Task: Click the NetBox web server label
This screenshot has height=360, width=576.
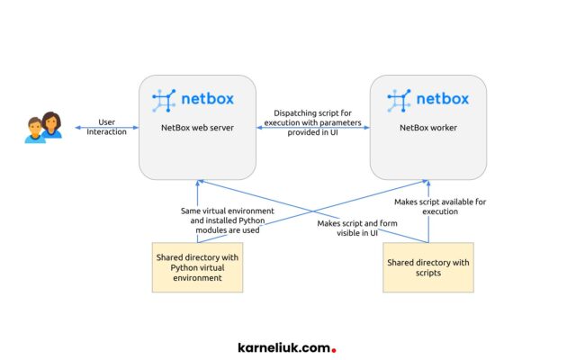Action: pos(197,128)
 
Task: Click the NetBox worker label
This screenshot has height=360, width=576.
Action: pos(428,128)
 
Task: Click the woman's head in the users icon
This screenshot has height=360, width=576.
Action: pos(51,120)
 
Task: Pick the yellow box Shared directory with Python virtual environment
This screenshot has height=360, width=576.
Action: pos(198,267)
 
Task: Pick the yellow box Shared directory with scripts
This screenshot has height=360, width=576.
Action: pos(428,267)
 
